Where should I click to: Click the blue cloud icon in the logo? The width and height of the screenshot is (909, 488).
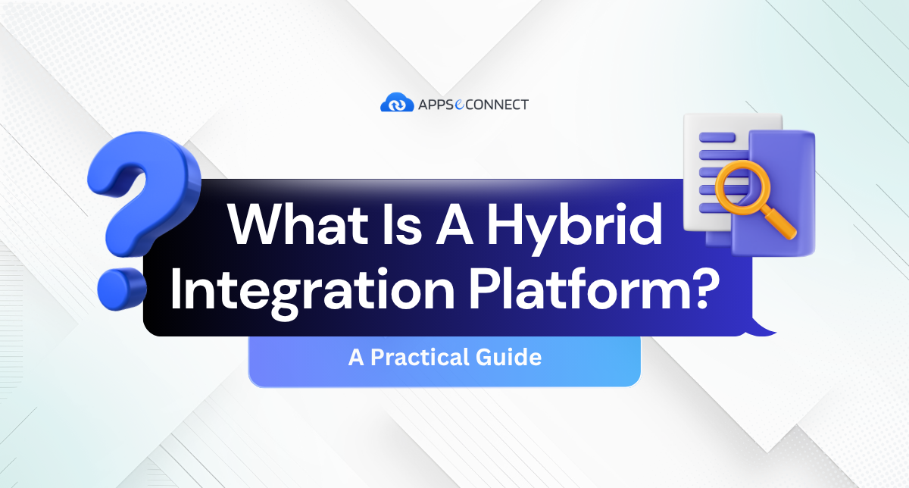coord(397,103)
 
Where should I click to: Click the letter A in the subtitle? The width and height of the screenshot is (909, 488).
coord(356,357)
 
